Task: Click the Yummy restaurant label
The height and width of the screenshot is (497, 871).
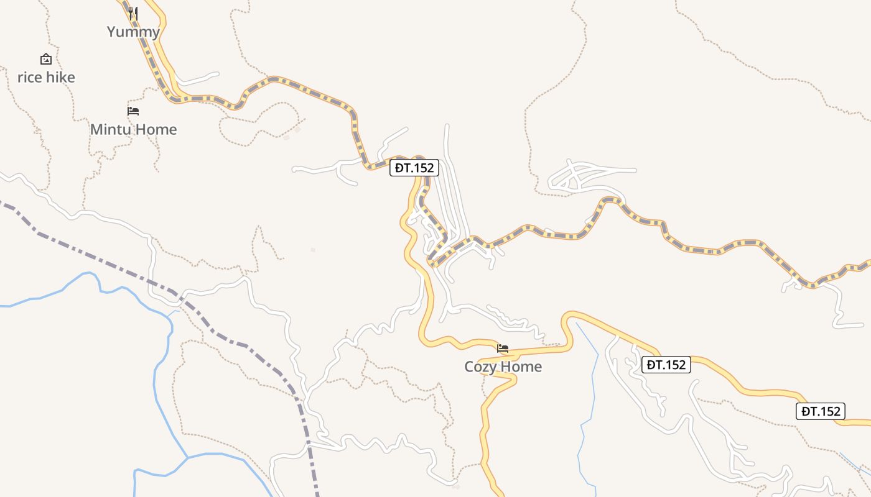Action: tap(133, 32)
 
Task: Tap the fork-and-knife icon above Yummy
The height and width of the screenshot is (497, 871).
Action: tap(133, 13)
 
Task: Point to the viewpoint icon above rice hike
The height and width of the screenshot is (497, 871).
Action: tap(45, 59)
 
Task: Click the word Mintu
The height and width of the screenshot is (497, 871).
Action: tap(111, 130)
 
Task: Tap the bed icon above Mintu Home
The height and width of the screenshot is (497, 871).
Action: tap(133, 111)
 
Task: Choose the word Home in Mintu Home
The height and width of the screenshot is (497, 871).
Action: tap(156, 130)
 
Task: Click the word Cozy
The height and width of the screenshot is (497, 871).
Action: tap(480, 367)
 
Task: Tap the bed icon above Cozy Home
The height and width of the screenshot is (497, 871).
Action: tap(503, 349)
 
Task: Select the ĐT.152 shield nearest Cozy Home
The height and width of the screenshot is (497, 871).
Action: tap(666, 365)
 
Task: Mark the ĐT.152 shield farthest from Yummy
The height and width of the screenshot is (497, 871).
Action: tap(820, 411)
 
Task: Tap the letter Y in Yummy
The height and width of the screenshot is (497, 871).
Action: tap(112, 32)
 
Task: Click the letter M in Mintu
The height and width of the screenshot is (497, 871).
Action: tap(96, 130)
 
